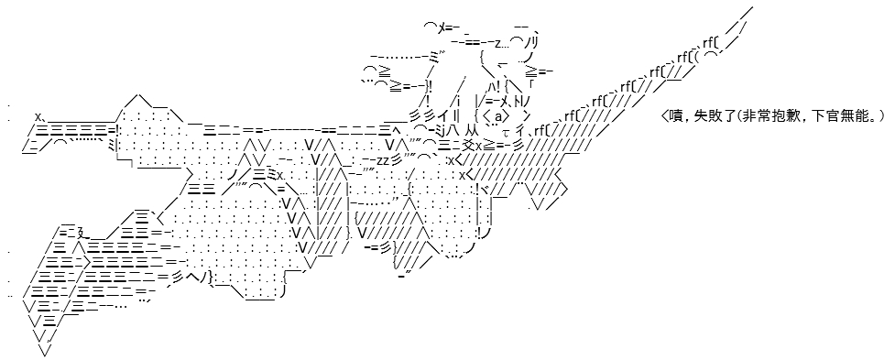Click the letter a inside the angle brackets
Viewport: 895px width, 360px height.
[498, 117]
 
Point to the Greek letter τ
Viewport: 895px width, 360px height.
[506, 134]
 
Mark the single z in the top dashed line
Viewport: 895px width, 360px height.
[497, 43]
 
